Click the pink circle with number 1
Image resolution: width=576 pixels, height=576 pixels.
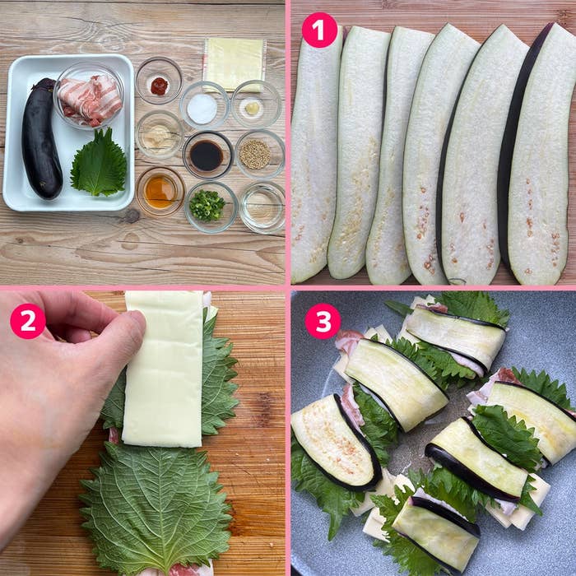(319, 30)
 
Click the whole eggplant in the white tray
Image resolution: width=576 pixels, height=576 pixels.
(41, 138)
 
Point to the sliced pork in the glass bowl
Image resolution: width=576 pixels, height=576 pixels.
(90, 100)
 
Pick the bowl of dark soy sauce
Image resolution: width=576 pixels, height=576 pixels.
(208, 155)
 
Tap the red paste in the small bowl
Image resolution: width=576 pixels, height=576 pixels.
(159, 86)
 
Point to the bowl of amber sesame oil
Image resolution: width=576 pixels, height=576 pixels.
(160, 192)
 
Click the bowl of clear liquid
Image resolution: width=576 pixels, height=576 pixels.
(262, 207)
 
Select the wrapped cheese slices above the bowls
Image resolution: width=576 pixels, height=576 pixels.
(234, 63)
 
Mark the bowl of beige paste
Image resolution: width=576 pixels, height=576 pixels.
(160, 135)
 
